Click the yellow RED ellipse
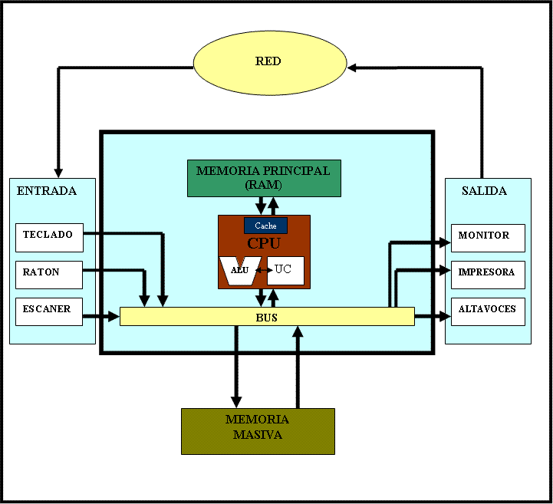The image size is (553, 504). coord(268,61)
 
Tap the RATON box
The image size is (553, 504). coord(49,273)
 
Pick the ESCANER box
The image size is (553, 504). coord(49,311)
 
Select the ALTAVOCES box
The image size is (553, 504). coord(488,311)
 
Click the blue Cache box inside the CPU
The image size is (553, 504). coord(265,226)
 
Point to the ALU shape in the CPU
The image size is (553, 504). coord(239,270)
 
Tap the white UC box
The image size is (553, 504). coord(285,270)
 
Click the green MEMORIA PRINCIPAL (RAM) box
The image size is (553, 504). coord(263,178)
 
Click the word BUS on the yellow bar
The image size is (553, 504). coord(267,317)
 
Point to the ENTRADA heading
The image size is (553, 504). coord(47,191)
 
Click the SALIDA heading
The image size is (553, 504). coord(484,191)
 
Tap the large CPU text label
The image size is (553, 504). coord(264,243)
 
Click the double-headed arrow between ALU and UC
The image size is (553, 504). coord(263,270)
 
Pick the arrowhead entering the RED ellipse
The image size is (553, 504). coord(352,68)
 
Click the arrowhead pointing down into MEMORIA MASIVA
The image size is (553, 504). coord(236,401)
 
